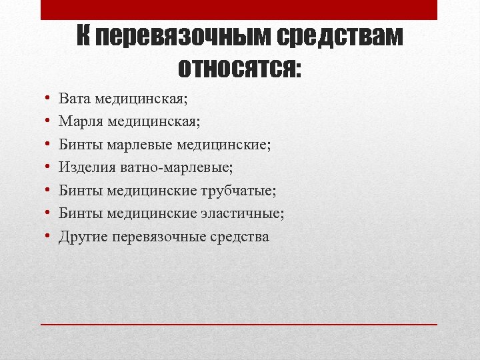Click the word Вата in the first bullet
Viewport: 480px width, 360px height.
[x=75, y=99]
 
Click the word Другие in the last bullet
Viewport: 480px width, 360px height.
[x=83, y=237]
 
